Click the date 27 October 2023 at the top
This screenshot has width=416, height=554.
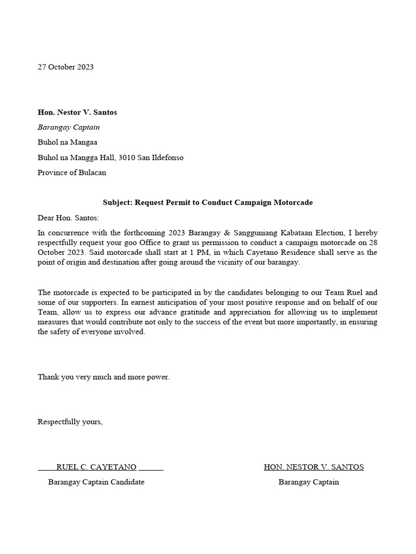(66, 67)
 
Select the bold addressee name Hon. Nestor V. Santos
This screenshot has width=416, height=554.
(77, 113)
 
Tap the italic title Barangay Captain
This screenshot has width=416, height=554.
(68, 128)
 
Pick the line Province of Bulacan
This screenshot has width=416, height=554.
(71, 173)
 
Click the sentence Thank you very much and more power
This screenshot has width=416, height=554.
(103, 377)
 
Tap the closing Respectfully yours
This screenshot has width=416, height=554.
(70, 421)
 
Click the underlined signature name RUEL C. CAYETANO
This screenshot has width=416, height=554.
(96, 467)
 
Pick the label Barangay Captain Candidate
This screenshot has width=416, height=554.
(96, 482)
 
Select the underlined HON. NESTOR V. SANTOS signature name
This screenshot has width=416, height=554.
(314, 467)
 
